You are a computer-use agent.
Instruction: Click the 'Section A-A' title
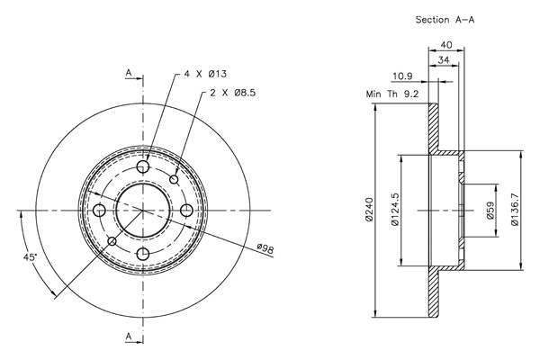click(445, 20)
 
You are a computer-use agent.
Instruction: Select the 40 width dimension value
click(446, 45)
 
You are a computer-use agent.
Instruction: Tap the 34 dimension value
click(444, 60)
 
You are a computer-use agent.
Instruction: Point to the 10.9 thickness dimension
click(402, 76)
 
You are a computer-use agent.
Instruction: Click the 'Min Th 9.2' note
click(392, 94)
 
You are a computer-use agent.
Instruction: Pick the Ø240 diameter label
click(369, 210)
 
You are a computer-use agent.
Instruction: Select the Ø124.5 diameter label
click(395, 209)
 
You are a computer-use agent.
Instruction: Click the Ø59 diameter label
click(490, 210)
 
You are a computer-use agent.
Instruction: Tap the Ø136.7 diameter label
click(515, 209)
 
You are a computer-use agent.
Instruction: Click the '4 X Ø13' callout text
click(205, 74)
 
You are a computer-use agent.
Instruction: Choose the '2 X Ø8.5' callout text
click(233, 93)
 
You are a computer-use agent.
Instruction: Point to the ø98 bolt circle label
click(265, 248)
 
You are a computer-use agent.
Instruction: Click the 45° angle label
click(30, 257)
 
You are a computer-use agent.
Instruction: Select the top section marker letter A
click(129, 73)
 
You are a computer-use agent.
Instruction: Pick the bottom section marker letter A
click(129, 337)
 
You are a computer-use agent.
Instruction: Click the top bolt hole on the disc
click(142, 167)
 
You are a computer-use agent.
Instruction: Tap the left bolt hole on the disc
click(100, 210)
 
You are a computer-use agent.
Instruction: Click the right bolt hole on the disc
click(186, 210)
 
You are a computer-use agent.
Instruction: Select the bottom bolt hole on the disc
click(142, 255)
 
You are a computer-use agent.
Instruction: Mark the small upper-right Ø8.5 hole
click(175, 179)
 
